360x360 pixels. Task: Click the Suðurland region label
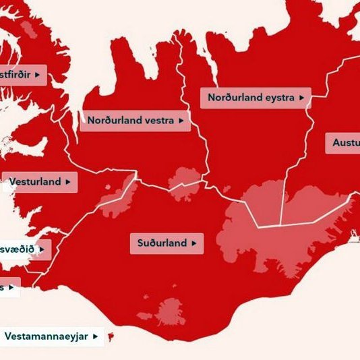tap(166, 243)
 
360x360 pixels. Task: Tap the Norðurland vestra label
tap(135, 121)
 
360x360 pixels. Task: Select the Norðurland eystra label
tap(256, 98)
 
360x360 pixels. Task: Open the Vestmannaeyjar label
tap(52, 336)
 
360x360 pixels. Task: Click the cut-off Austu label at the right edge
tap(343, 143)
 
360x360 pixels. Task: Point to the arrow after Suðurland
tap(194, 243)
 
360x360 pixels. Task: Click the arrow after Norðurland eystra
tap(301, 98)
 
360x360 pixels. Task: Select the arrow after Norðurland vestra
tap(181, 121)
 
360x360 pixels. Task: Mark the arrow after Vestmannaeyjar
tap(96, 336)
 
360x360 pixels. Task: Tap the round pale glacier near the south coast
tap(170, 312)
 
